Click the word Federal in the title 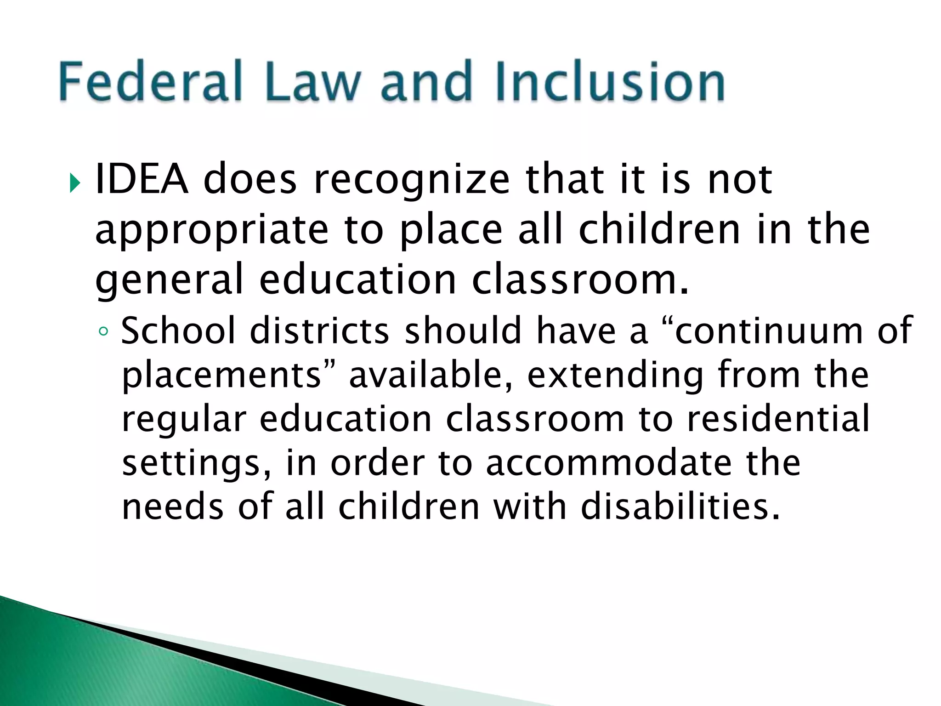pyautogui.click(x=150, y=82)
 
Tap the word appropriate pyautogui.click(x=212, y=231)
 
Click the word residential pyautogui.click(x=778, y=419)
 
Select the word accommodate pyautogui.click(x=609, y=463)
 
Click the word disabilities pyautogui.click(x=680, y=507)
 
